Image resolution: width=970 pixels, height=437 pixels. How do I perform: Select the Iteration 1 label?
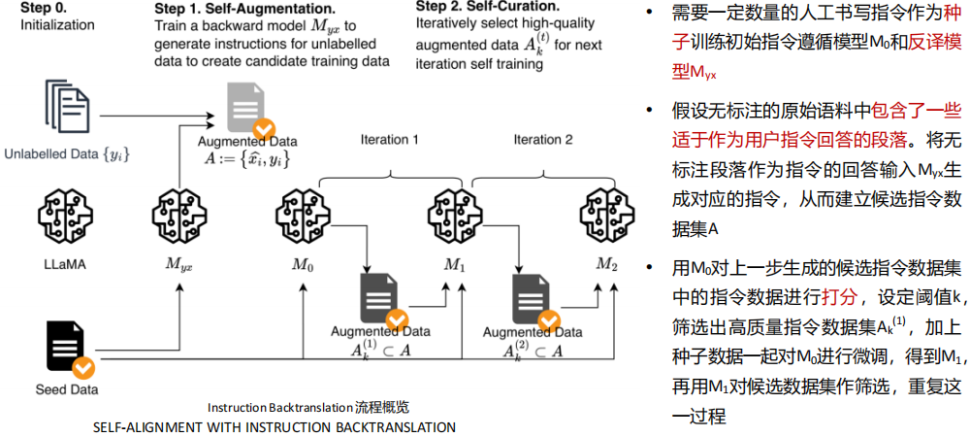390,140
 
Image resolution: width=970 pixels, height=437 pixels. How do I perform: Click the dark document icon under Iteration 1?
378,296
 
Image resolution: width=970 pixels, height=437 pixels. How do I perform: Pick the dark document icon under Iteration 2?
532,296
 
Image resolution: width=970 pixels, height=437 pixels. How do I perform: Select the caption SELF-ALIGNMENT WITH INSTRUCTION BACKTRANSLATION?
274,426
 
